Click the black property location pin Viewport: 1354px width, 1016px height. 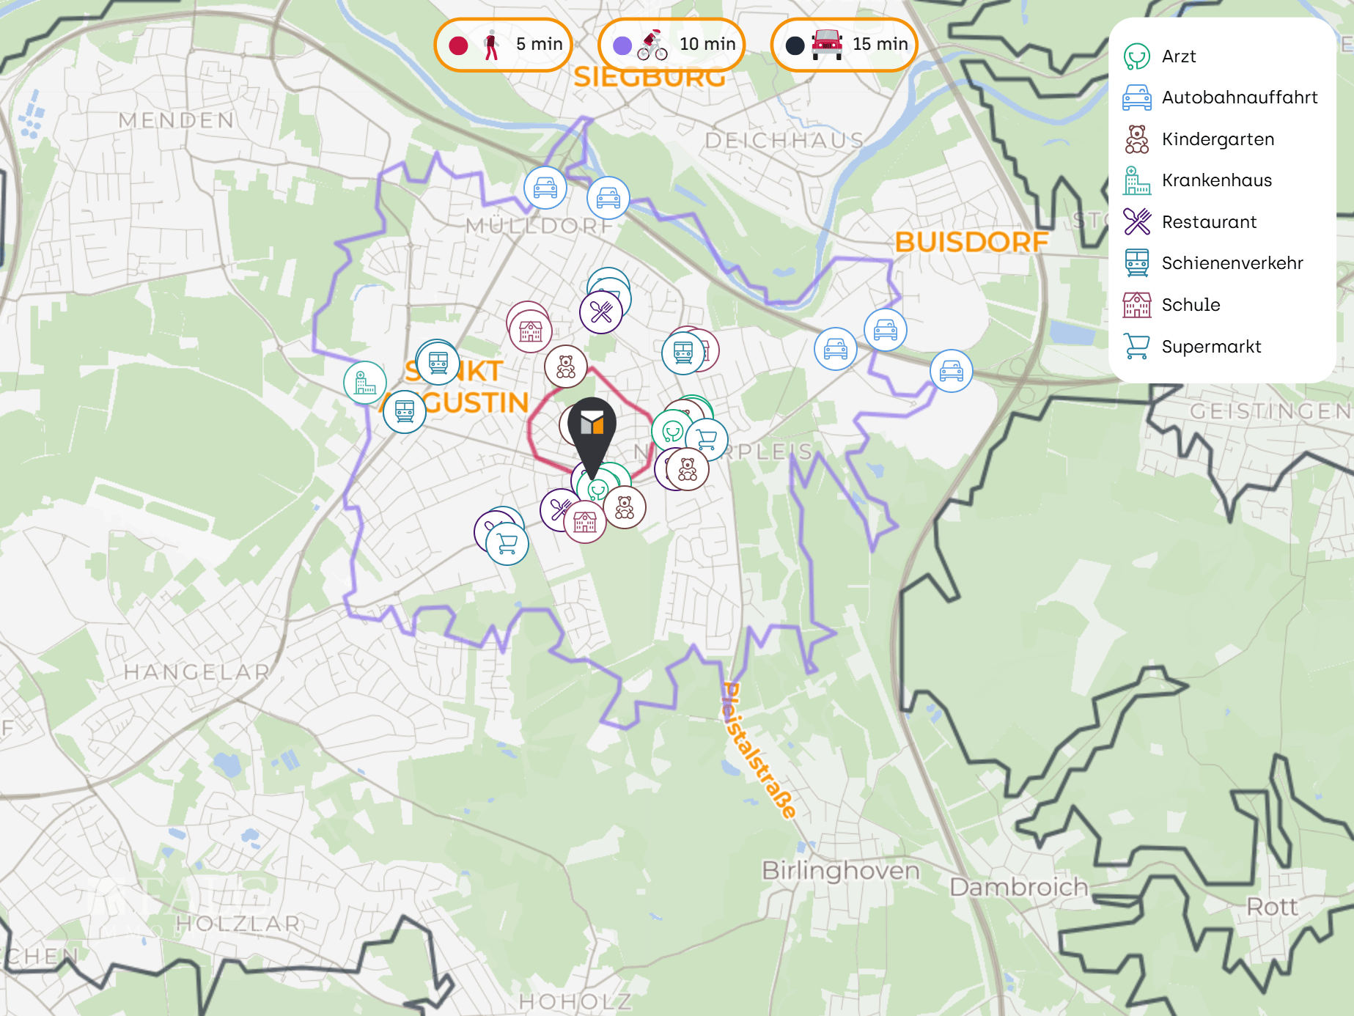(x=592, y=429)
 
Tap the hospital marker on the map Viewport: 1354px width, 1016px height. (x=365, y=383)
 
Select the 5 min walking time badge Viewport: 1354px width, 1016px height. (x=503, y=45)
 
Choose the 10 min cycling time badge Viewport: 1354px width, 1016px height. (x=672, y=45)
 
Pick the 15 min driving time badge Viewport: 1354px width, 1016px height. (x=844, y=45)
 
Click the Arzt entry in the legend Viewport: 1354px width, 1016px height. (x=1178, y=56)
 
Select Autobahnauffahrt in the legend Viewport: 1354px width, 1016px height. (x=1239, y=97)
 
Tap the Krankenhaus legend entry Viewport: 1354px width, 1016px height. (x=1216, y=180)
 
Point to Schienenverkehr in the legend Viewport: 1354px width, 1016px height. (x=1232, y=263)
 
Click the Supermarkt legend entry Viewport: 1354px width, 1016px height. (x=1211, y=347)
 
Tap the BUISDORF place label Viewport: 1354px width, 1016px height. (x=971, y=242)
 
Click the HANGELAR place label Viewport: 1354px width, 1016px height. (x=196, y=671)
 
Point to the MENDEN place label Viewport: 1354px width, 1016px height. (x=177, y=120)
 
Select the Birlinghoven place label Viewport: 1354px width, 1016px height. (x=841, y=871)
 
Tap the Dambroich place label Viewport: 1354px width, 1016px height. (x=1018, y=887)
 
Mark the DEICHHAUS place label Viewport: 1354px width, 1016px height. (x=784, y=140)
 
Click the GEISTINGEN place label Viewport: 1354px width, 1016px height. (x=1270, y=411)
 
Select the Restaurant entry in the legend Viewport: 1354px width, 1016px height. (x=1209, y=222)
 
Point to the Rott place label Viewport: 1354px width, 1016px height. (x=1272, y=907)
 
